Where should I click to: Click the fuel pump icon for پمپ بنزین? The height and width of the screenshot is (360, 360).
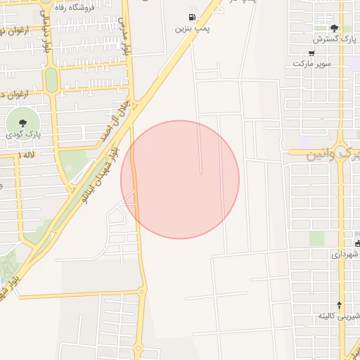coord(192,18)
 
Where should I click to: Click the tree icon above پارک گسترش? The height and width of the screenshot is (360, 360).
coord(333,27)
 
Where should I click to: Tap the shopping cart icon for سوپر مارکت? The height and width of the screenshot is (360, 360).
coord(312,52)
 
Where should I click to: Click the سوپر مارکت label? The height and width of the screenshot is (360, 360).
coord(312,64)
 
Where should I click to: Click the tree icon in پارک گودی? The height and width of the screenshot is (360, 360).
coord(23,120)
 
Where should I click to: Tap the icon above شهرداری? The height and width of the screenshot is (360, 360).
coord(357,244)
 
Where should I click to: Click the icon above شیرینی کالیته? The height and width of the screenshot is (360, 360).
coord(340,305)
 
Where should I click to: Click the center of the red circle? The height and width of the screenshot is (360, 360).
coord(180,179)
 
